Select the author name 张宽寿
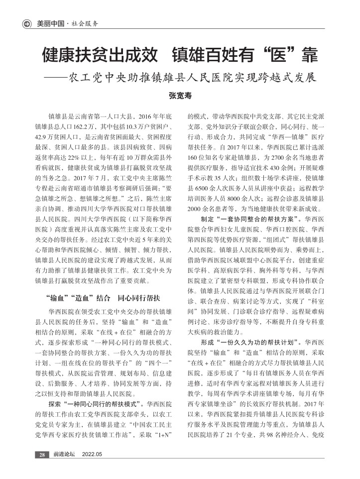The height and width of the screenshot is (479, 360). (x=180, y=95)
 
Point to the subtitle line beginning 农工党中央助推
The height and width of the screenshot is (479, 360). (x=192, y=78)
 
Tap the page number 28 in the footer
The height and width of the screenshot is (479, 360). (x=42, y=454)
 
